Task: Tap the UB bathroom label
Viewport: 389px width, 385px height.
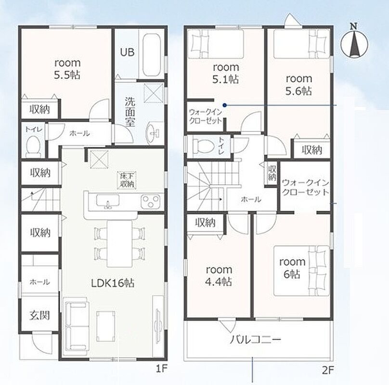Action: pos(127,52)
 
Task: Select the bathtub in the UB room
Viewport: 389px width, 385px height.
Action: pos(151,55)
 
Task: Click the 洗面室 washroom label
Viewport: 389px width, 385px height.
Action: pos(130,112)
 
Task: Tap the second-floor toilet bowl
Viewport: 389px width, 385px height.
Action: pos(204,146)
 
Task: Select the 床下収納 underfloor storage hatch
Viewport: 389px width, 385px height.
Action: pos(127,180)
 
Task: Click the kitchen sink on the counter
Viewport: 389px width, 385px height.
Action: pos(108,200)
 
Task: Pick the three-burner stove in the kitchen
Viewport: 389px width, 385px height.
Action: pos(151,201)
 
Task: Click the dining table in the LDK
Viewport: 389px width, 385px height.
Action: pos(119,244)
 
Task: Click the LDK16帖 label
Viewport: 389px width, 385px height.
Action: pos(113,283)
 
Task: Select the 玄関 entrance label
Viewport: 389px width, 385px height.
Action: pos(39,315)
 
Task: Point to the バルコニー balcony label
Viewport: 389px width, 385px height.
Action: pos(256,339)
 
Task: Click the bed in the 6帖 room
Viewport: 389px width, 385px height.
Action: pos(301,270)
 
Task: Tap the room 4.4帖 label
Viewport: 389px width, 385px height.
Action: pos(219,275)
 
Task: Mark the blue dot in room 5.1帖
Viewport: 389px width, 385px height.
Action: pos(224,105)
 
